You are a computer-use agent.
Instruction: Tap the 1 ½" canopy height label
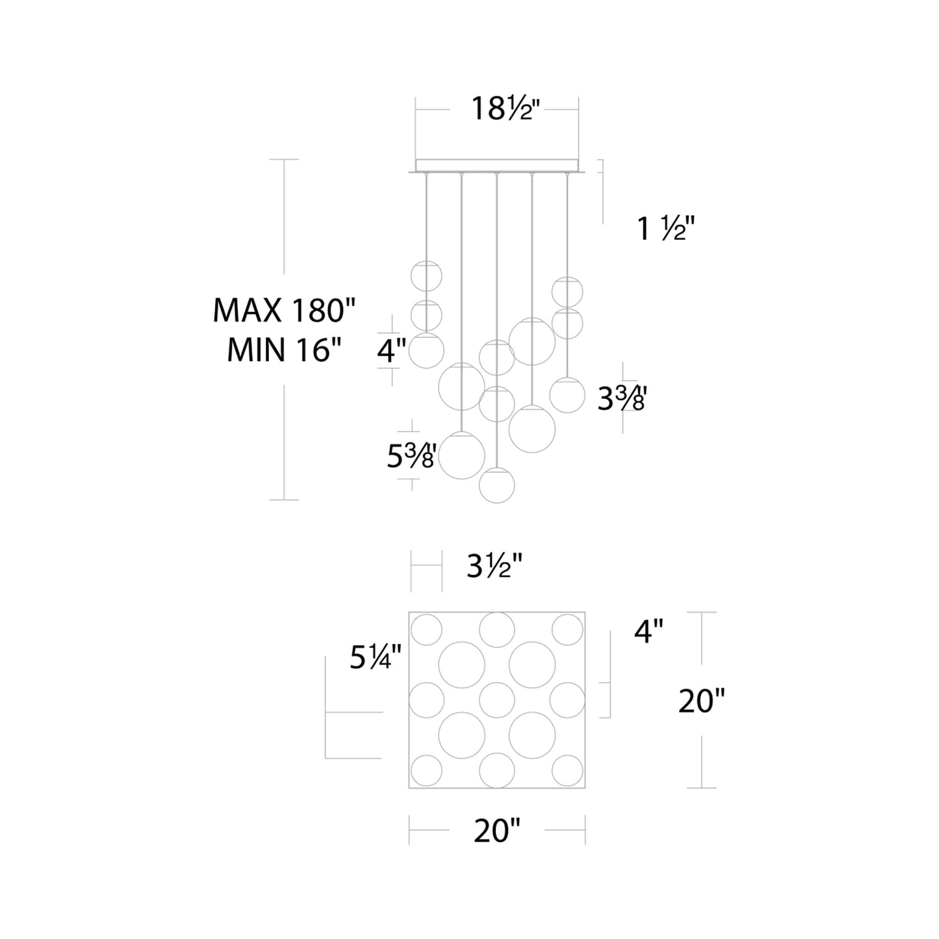coord(665,228)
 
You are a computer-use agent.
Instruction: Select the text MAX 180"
coord(285,310)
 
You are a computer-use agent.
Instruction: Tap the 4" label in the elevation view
coord(391,350)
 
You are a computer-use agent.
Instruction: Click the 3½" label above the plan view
coord(495,567)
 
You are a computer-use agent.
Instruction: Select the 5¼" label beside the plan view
coord(376,658)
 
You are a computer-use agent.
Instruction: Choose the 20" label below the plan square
coord(497,831)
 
